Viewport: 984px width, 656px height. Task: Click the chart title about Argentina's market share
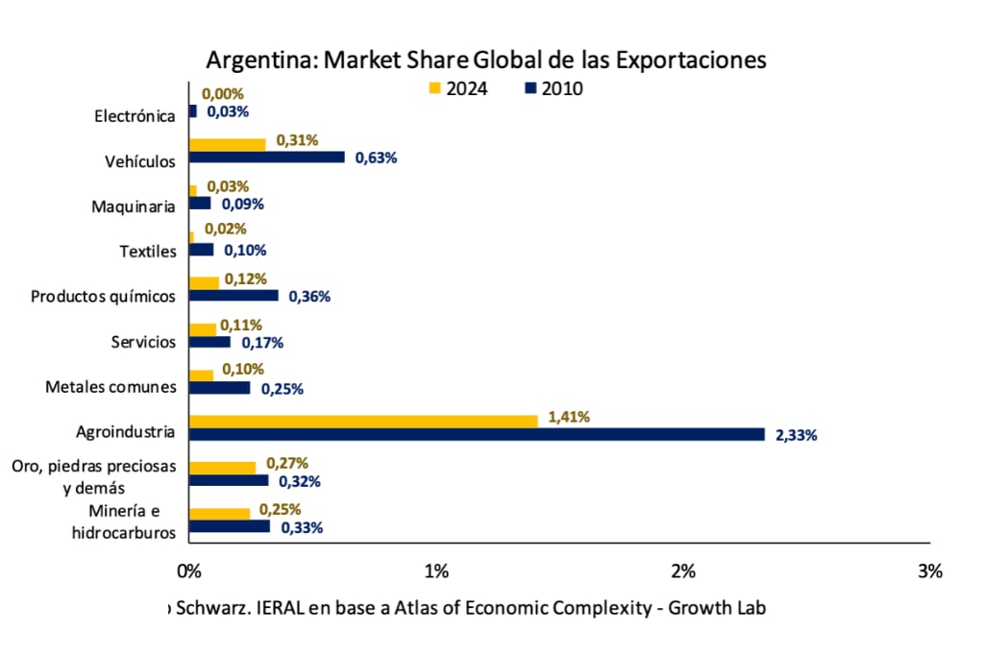(x=486, y=60)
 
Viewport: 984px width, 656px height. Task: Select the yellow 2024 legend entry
(x=457, y=88)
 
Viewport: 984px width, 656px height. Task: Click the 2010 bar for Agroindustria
(x=476, y=434)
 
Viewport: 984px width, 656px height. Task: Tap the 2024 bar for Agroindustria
(x=362, y=421)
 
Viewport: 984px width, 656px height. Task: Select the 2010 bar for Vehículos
(x=266, y=157)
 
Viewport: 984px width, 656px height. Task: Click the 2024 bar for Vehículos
(x=227, y=144)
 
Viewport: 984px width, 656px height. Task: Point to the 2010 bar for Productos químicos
(x=234, y=296)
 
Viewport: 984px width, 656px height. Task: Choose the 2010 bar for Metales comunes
(x=219, y=388)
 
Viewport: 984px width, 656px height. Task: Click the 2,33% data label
(x=797, y=435)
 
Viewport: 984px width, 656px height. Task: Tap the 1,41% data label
(x=569, y=417)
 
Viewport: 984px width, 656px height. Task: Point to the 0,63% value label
(x=376, y=158)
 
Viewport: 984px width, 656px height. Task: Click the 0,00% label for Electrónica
(x=223, y=94)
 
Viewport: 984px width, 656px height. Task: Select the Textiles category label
(x=148, y=252)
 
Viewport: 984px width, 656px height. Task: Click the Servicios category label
(x=144, y=342)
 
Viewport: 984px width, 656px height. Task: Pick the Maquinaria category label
(x=134, y=206)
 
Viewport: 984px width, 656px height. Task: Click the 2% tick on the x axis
(x=683, y=571)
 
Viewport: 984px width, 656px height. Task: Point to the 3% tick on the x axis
(x=930, y=571)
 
